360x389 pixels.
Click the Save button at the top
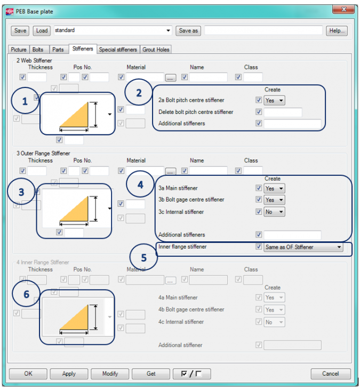[x=20, y=31]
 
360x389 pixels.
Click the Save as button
[x=188, y=31]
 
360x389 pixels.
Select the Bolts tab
[x=38, y=50]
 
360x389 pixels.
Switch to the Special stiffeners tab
[x=118, y=50]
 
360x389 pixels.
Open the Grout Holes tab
[x=156, y=50]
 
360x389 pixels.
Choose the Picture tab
[x=19, y=50]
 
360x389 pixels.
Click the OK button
[x=28, y=374]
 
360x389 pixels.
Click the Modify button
[x=110, y=374]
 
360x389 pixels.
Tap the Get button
[x=151, y=374]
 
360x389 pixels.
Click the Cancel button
[x=331, y=374]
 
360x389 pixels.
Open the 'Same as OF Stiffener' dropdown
[x=303, y=247]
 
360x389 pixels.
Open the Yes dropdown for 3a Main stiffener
[x=275, y=188]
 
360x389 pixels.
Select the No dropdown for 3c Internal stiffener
[x=275, y=212]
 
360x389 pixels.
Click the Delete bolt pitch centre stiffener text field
[x=283, y=112]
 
